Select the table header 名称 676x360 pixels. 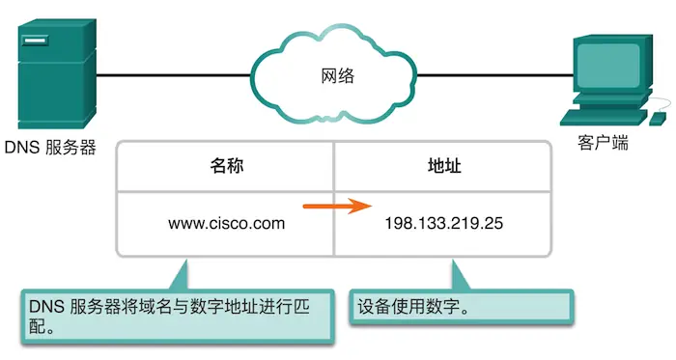pyautogui.click(x=226, y=166)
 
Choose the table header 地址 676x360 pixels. pyautogui.click(x=443, y=166)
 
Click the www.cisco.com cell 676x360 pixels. pyautogui.click(x=227, y=224)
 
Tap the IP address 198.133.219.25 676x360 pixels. pyautogui.click(x=444, y=224)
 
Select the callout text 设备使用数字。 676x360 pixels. pyautogui.click(x=413, y=309)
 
